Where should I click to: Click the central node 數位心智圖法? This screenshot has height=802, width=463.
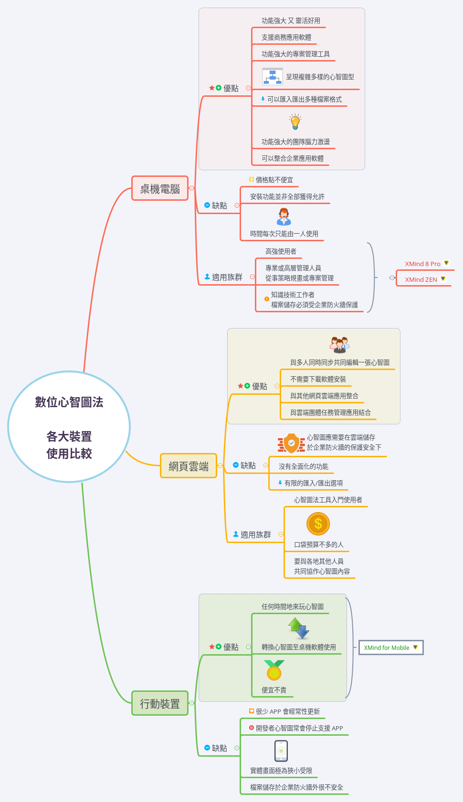[69, 427]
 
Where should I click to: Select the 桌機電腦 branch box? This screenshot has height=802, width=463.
[160, 189]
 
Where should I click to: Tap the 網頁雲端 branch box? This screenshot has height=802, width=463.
[189, 466]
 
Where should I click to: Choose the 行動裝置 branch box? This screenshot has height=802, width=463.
[160, 703]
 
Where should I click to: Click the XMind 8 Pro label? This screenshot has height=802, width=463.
[423, 264]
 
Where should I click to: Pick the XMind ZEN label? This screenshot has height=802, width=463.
[421, 279]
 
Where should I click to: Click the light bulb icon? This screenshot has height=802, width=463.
[295, 122]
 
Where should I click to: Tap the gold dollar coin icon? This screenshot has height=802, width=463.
[318, 524]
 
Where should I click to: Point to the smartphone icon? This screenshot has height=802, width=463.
[281, 751]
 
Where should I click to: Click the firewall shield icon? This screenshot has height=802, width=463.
[291, 443]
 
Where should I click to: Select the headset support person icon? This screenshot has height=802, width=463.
[284, 216]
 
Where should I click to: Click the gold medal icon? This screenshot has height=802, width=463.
[274, 670]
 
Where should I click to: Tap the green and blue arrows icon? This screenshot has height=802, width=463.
[299, 628]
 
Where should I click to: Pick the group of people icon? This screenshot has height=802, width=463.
[340, 344]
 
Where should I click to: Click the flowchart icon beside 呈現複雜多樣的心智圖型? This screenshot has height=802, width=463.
[273, 76]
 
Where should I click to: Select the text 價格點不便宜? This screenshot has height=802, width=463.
[274, 180]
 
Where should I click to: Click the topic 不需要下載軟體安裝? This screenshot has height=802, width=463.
[318, 379]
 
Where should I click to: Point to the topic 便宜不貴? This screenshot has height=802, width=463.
[274, 690]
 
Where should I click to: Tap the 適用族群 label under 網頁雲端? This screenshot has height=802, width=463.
[256, 535]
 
